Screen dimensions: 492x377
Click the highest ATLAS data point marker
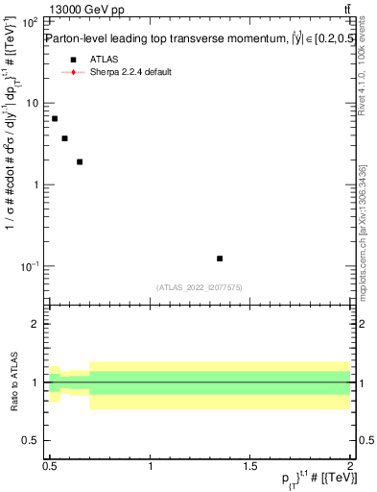55,118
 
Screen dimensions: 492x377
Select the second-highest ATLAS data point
64,138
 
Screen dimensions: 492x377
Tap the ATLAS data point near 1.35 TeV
220,258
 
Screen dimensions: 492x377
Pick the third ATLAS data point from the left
80,161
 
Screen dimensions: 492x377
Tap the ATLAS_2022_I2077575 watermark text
200,287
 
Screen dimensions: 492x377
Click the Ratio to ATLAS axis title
12,383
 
